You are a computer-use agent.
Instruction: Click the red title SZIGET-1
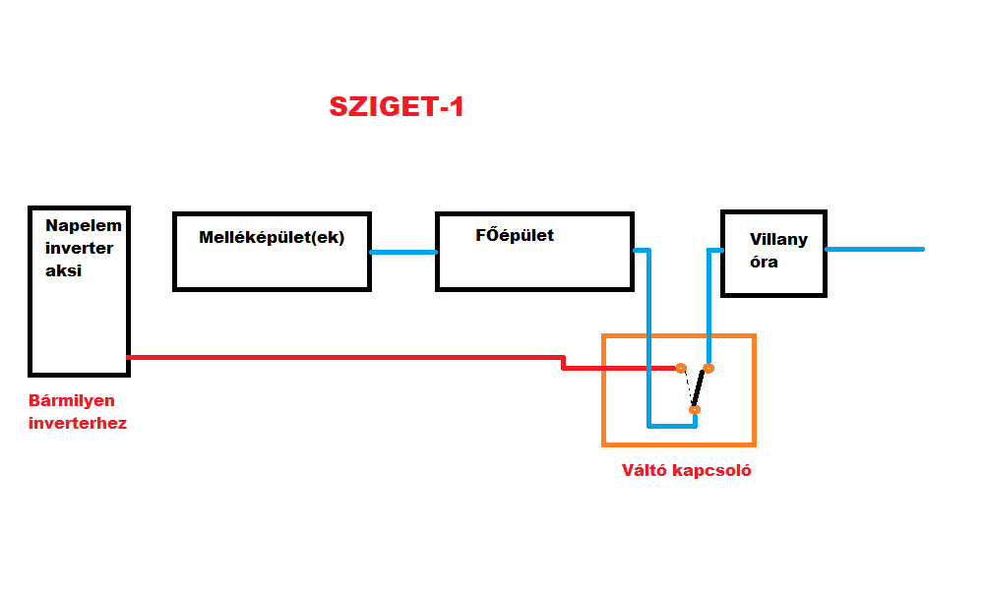(396, 107)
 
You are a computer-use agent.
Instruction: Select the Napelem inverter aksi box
(79, 315)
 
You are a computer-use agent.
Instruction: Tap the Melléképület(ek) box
(272, 265)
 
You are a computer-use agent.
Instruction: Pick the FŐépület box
(533, 265)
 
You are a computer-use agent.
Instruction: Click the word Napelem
(84, 224)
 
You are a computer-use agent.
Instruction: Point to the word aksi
(63, 270)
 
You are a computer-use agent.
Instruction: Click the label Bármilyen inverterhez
(78, 412)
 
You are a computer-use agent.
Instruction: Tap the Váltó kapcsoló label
(686, 469)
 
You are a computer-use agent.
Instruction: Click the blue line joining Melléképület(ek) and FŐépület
(403, 252)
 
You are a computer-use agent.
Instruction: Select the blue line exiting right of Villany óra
(875, 249)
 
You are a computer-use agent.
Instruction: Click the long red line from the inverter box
(344, 357)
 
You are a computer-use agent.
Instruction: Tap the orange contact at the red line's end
(680, 368)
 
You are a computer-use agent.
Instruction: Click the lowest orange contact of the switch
(694, 409)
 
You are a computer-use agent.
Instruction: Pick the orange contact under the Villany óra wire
(708, 368)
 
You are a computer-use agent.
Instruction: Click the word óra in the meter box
(764, 262)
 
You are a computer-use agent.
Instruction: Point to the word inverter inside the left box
(79, 248)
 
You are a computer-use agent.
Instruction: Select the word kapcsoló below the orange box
(714, 469)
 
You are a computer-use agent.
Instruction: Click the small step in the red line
(563, 363)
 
